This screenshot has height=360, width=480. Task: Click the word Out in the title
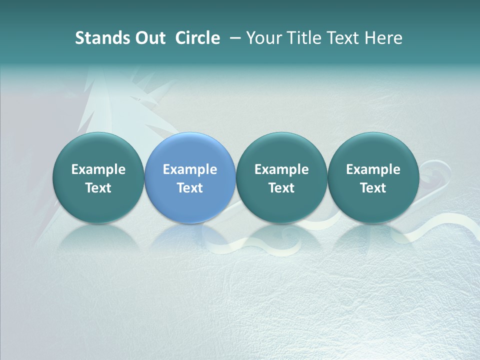pyautogui.click(x=149, y=38)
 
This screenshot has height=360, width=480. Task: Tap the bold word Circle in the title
pyautogui.click(x=197, y=38)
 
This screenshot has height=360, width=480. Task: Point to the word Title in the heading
pyautogui.click(x=305, y=38)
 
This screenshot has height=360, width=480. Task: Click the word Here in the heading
pyautogui.click(x=383, y=38)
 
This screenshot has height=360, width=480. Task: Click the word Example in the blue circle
pyautogui.click(x=190, y=169)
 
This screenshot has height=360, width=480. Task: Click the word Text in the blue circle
pyautogui.click(x=190, y=188)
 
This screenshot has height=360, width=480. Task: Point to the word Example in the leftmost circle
pyautogui.click(x=98, y=169)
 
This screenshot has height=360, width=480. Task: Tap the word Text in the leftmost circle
pyautogui.click(x=98, y=188)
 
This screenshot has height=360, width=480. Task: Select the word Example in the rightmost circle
pyautogui.click(x=373, y=169)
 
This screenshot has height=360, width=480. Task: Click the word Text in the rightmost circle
pyautogui.click(x=373, y=188)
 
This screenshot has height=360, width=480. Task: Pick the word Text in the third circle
pyautogui.click(x=281, y=188)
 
